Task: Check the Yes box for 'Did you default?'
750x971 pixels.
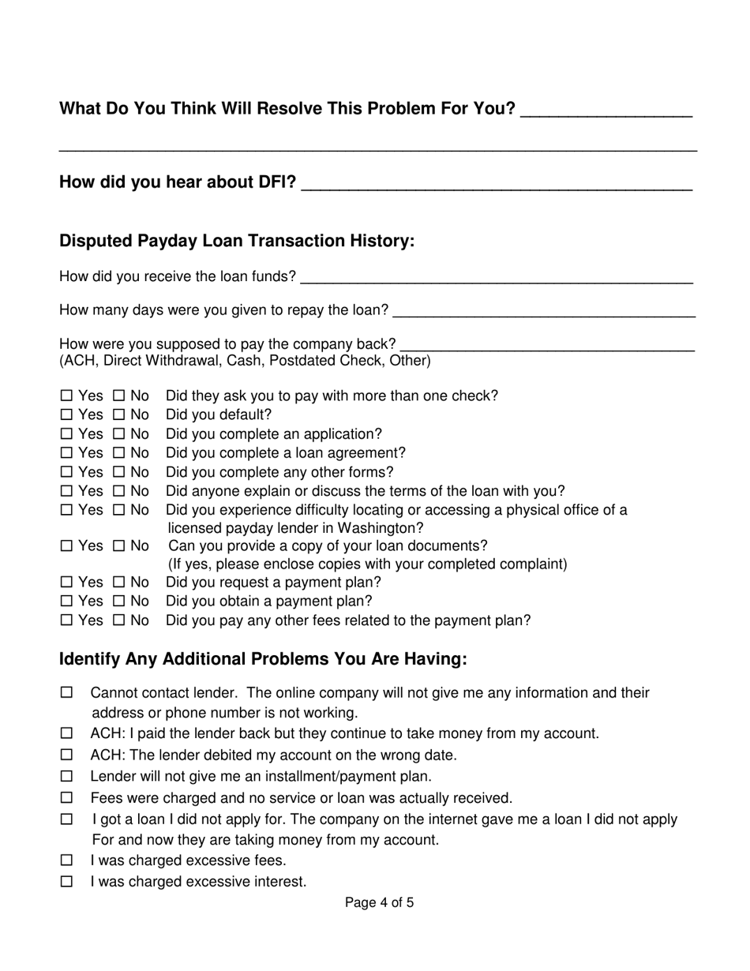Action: click(x=66, y=415)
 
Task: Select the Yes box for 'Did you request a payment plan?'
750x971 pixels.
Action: click(x=66, y=583)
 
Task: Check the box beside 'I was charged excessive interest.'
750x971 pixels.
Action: click(x=66, y=882)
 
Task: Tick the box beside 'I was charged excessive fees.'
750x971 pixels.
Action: click(x=66, y=860)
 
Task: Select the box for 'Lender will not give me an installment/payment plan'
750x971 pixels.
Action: click(x=66, y=777)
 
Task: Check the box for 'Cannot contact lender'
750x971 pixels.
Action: click(x=66, y=693)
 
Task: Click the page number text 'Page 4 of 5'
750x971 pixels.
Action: click(x=379, y=902)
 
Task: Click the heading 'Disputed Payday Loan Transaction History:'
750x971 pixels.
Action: click(x=237, y=241)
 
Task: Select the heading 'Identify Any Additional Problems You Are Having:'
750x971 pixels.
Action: click(x=263, y=658)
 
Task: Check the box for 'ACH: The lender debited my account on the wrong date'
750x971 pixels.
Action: click(x=66, y=755)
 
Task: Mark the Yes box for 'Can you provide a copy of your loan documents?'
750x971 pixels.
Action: click(x=66, y=546)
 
